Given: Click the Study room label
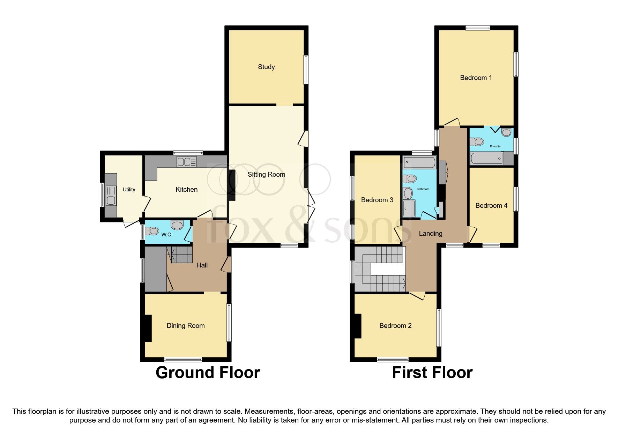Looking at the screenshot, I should click(x=266, y=67).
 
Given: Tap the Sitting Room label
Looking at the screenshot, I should click(x=266, y=174).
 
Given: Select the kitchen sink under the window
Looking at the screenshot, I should click(x=187, y=162).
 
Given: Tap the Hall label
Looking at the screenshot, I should click(x=202, y=265).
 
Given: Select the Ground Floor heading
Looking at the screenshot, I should click(x=208, y=373).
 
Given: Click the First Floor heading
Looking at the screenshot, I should click(x=432, y=373).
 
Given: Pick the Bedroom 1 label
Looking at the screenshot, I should click(x=476, y=78).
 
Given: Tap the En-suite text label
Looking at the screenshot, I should click(x=495, y=146).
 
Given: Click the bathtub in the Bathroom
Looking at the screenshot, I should click(x=419, y=163).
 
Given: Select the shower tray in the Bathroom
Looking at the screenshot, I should click(x=409, y=209).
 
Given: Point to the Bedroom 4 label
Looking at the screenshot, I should click(x=491, y=205).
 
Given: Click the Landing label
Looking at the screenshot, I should click(x=430, y=233).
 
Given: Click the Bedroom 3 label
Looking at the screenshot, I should click(x=377, y=200).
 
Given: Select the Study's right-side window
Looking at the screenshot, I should click(x=306, y=69).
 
